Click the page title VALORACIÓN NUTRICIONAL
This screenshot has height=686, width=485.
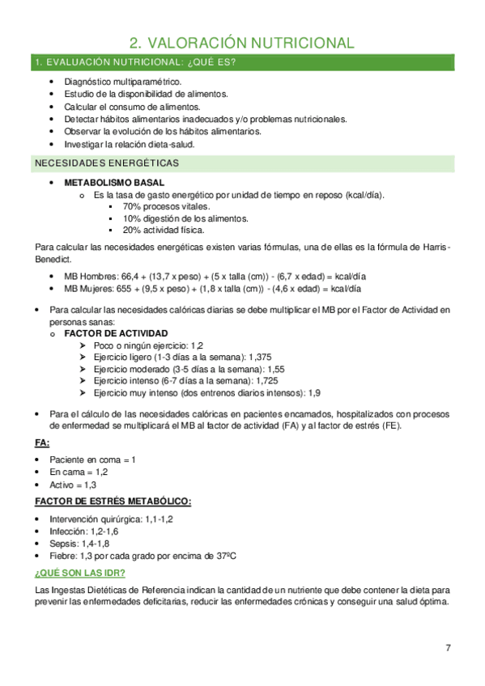click(242, 43)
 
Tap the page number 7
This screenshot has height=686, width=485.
click(448, 648)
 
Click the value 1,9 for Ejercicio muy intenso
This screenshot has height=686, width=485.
click(315, 392)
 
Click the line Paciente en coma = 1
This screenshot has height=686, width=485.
click(92, 459)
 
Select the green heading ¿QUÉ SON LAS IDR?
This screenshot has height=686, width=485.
click(79, 573)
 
